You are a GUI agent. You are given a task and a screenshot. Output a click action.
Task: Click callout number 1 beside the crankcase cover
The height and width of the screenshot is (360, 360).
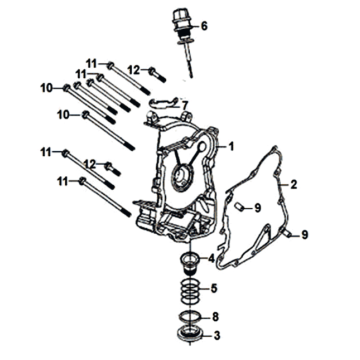pyautogui.click(x=231, y=146)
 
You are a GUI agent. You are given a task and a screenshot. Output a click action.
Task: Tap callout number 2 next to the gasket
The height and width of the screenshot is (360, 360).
pyautogui.click(x=293, y=184)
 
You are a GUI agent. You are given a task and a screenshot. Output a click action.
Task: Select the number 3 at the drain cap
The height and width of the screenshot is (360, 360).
pyautogui.click(x=217, y=336)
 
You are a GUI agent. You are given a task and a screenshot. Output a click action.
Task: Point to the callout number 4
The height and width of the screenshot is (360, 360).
pyautogui.click(x=212, y=258)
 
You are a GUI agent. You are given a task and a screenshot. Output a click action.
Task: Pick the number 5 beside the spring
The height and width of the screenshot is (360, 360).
pyautogui.click(x=214, y=288)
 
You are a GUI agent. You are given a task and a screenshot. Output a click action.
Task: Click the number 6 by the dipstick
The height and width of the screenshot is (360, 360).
pyautogui.click(x=204, y=26)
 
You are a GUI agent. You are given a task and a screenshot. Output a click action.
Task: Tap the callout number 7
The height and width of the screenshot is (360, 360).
pyautogui.click(x=185, y=106)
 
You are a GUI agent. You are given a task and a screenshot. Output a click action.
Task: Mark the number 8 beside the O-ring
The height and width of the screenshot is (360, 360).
pyautogui.click(x=216, y=317)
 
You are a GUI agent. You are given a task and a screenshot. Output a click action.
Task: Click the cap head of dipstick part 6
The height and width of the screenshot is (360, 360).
pyautogui.click(x=182, y=21)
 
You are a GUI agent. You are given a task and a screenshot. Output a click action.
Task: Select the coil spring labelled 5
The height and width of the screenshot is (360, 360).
pyautogui.click(x=190, y=291)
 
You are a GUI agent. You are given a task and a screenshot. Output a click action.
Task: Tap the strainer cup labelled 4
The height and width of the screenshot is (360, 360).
pyautogui.click(x=190, y=262)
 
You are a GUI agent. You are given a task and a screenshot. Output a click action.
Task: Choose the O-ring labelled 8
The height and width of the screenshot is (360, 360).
pyautogui.click(x=189, y=315)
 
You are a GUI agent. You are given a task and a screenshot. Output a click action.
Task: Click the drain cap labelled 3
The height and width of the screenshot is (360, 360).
pyautogui.click(x=189, y=334)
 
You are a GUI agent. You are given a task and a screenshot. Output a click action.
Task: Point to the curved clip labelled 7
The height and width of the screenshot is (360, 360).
pyautogui.click(x=163, y=104)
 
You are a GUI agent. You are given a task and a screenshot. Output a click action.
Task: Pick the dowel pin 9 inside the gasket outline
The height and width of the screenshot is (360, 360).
pyautogui.click(x=238, y=207)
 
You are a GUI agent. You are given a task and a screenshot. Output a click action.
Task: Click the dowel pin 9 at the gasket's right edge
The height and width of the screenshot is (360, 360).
pyautogui.click(x=287, y=234)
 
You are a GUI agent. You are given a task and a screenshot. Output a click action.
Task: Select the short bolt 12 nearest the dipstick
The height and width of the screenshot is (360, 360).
pyautogui.click(x=157, y=75)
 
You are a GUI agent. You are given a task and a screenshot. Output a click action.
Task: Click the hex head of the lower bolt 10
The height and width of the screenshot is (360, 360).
pyautogui.click(x=85, y=115)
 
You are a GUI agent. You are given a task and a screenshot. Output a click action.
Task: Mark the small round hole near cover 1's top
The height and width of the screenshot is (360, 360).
pyautogui.click(x=202, y=147)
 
